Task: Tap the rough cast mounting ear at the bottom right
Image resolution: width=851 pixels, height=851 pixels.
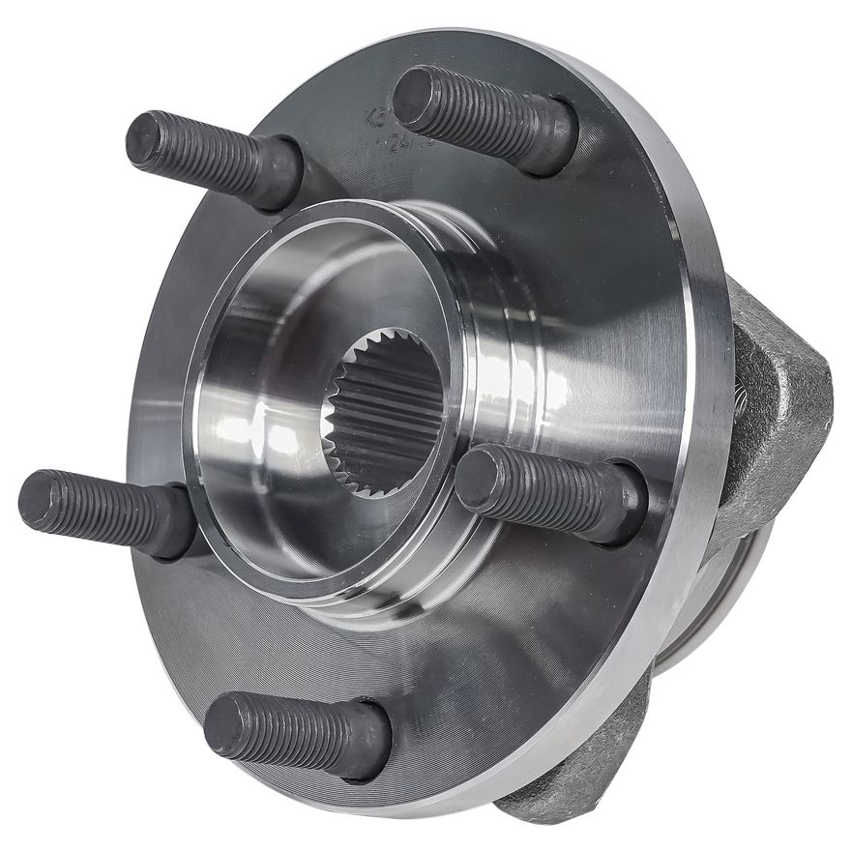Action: (590, 764)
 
